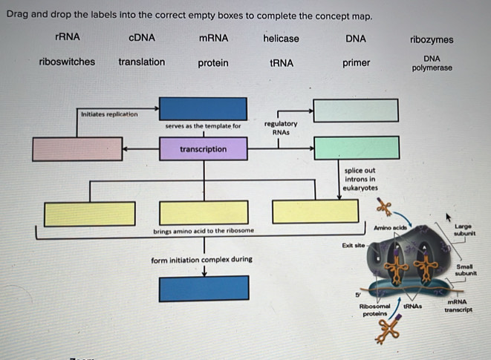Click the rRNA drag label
(x=68, y=37)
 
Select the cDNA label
(x=141, y=37)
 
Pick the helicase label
(x=281, y=38)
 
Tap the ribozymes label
(x=432, y=40)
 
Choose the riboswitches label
(x=67, y=62)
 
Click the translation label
(x=142, y=62)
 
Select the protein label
(x=213, y=63)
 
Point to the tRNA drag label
(x=282, y=63)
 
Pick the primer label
(x=356, y=63)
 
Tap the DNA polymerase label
(x=432, y=63)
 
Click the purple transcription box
(x=204, y=149)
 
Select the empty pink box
(x=77, y=149)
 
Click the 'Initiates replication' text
(x=108, y=114)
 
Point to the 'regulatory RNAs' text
(x=280, y=128)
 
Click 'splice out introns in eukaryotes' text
(x=360, y=179)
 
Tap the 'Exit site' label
(x=352, y=244)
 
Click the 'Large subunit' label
(x=464, y=230)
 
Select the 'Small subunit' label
(x=465, y=269)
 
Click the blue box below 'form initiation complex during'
(x=204, y=288)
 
